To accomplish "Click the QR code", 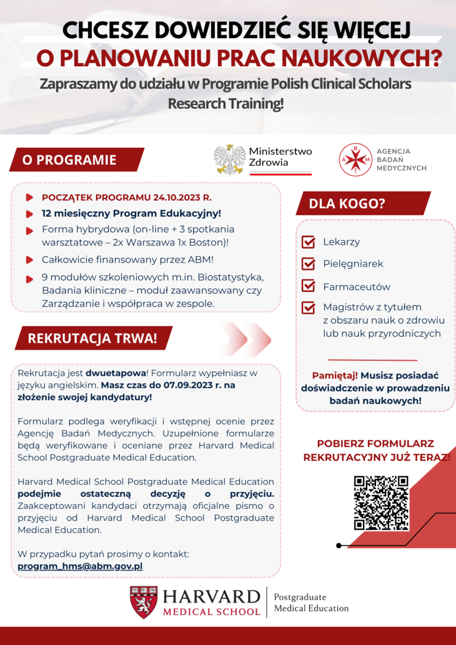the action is [x=381, y=503].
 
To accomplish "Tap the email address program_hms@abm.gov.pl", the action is [x=80, y=566].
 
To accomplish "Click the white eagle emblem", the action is [x=230, y=160].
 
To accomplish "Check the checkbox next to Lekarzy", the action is [x=308, y=242].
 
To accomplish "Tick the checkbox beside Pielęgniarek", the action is [x=308, y=263].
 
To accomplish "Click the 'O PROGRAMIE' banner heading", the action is [x=77, y=160].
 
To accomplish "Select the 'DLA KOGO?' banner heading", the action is [x=364, y=203].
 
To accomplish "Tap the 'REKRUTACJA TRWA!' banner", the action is [x=94, y=338].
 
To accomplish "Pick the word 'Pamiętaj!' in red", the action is [x=335, y=375].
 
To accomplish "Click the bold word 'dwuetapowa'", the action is [x=116, y=373].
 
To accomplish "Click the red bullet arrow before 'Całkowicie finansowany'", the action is [x=29, y=260].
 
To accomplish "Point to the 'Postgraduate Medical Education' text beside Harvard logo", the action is [x=311, y=603].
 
